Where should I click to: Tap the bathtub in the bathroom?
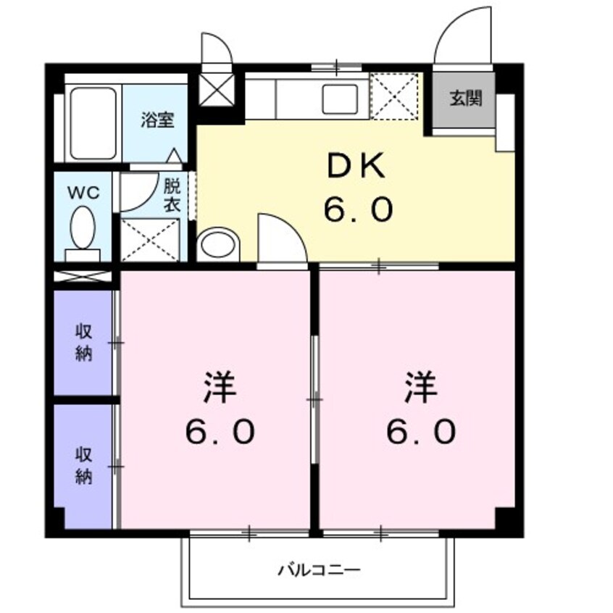click(x=92, y=123)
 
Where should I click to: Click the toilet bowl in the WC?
click(x=82, y=227)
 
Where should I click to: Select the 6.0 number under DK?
click(x=358, y=210)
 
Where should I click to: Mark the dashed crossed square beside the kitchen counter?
click(x=395, y=96)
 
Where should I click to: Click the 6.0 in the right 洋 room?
click(x=420, y=432)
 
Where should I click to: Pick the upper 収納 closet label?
click(x=84, y=343)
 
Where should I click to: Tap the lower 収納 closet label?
click(x=84, y=465)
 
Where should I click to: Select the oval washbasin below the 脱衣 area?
click(x=217, y=244)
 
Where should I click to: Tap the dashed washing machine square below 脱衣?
click(x=149, y=239)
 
